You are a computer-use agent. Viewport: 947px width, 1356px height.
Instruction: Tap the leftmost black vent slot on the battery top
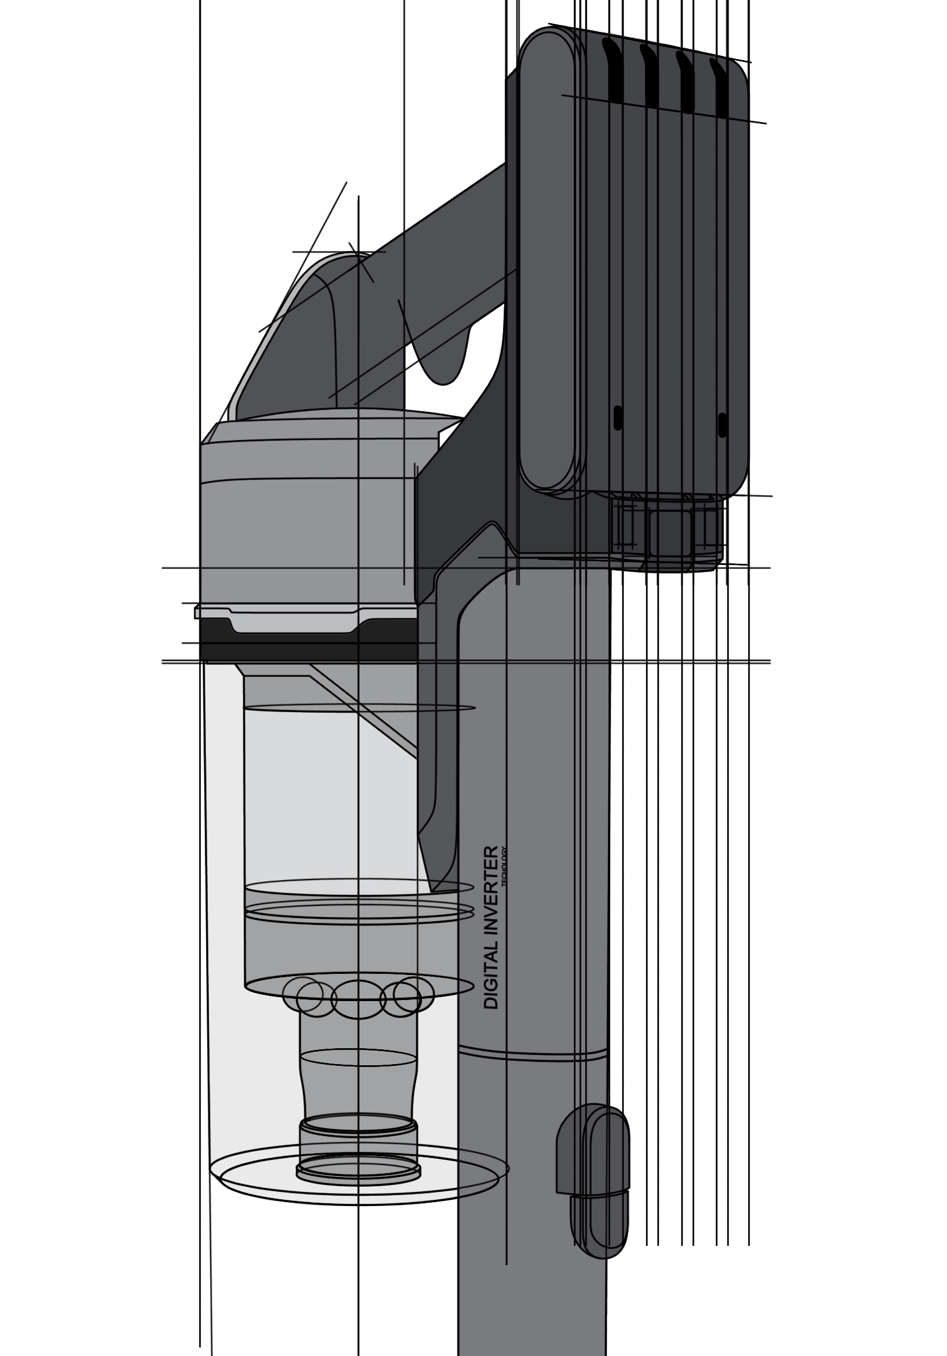[x=612, y=71]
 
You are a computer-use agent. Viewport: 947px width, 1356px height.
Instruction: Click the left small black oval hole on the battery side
[x=618, y=417]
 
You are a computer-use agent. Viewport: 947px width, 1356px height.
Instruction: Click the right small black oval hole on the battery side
[x=722, y=425]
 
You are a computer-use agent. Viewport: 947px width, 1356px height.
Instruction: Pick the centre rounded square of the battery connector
[x=669, y=533]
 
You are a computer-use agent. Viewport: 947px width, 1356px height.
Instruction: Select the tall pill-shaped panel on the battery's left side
[x=546, y=260]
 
